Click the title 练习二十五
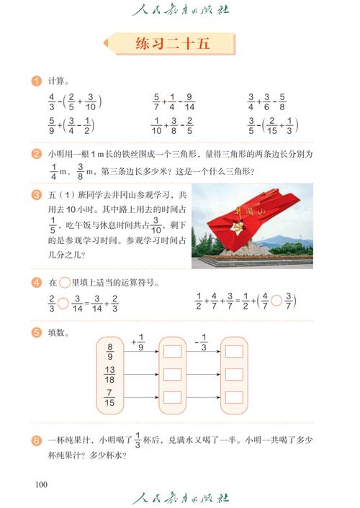[x=172, y=44]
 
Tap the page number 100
[x=41, y=484]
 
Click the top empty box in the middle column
[x=172, y=351]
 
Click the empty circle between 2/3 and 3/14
[x=63, y=302]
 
